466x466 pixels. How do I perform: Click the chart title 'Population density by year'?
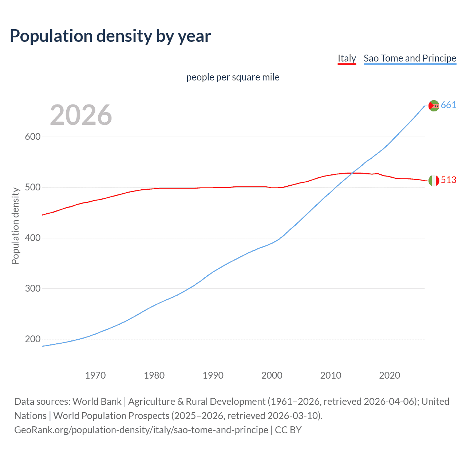pyautogui.click(x=110, y=36)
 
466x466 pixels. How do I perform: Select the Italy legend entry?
pyautogui.click(x=347, y=58)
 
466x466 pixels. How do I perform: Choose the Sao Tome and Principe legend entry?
pyautogui.click(x=410, y=58)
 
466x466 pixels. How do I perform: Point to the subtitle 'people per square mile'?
pyautogui.click(x=233, y=78)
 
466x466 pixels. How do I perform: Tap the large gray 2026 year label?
pyautogui.click(x=81, y=115)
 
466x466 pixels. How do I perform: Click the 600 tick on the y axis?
pyautogui.click(x=32, y=137)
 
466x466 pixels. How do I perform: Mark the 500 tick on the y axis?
pyautogui.click(x=32, y=187)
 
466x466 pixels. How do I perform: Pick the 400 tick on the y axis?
pyautogui.click(x=32, y=238)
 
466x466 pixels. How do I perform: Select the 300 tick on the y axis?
pyautogui.click(x=32, y=289)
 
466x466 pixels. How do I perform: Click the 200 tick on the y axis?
pyautogui.click(x=32, y=339)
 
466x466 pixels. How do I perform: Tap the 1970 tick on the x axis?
pyautogui.click(x=95, y=375)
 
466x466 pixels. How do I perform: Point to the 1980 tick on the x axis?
pyautogui.click(x=154, y=375)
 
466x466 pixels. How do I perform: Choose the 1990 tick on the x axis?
pyautogui.click(x=213, y=375)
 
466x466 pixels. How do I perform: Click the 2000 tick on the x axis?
pyautogui.click(x=272, y=375)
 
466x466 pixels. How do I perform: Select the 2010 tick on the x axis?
pyautogui.click(x=331, y=375)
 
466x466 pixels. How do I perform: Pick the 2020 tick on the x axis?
pyautogui.click(x=390, y=375)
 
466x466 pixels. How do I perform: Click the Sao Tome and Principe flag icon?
pyautogui.click(x=434, y=106)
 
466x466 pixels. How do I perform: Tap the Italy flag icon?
pyautogui.click(x=434, y=181)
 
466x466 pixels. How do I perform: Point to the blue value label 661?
pyautogui.click(x=449, y=105)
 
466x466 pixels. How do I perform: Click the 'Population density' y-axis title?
pyautogui.click(x=15, y=226)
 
